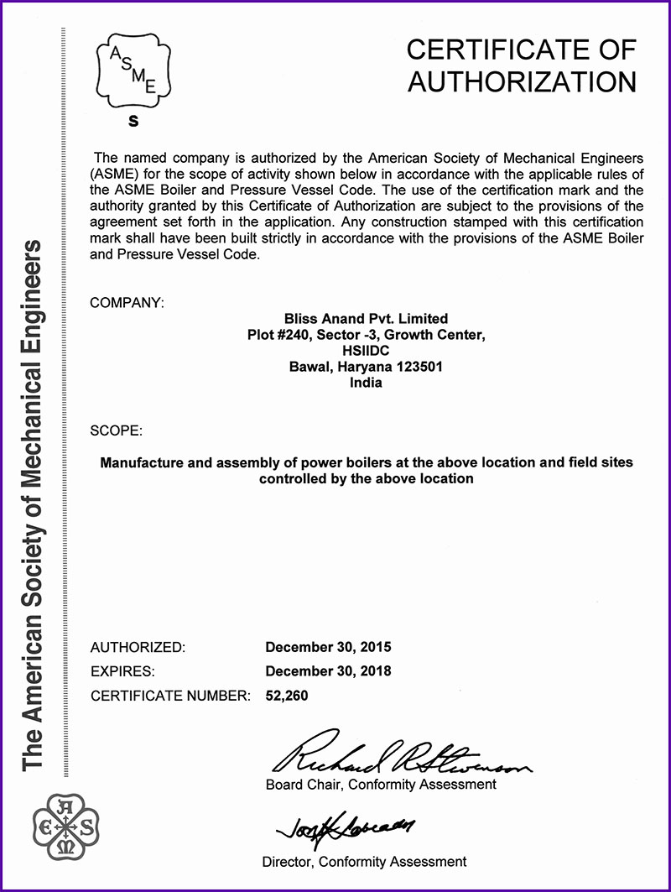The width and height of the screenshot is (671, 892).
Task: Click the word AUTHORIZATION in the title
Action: coord(521,82)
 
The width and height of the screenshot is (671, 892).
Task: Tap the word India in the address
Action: coord(366,383)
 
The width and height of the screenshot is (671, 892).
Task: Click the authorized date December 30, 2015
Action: coord(328,647)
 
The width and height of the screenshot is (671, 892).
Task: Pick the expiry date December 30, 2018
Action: coord(328,671)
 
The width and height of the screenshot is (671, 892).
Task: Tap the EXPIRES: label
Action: coord(122,671)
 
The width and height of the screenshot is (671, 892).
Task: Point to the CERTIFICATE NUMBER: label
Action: coord(170,696)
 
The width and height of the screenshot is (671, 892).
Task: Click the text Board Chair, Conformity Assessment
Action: coord(381,785)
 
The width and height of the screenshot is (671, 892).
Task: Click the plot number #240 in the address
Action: coord(292,335)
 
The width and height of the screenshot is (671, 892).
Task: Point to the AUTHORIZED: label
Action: coord(137,647)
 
